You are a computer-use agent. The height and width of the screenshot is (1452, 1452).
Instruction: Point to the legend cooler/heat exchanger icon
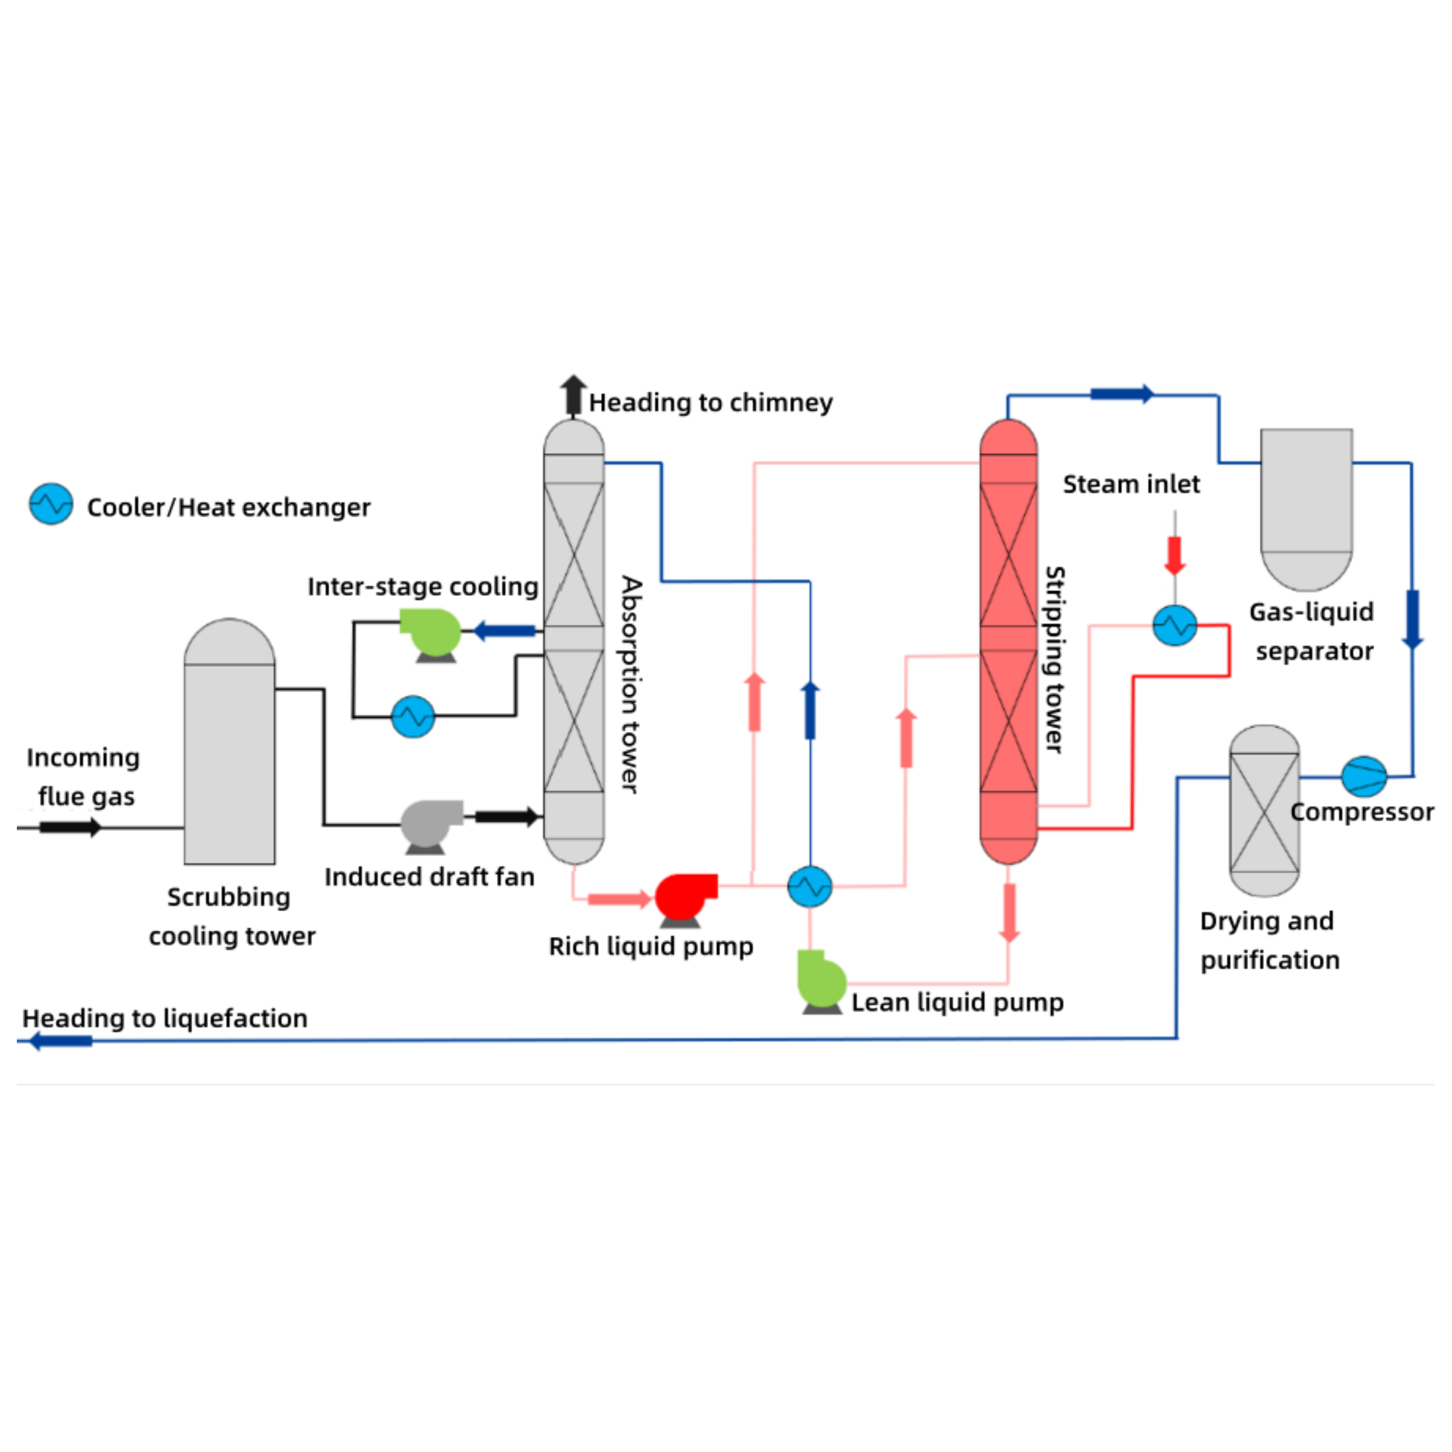pos(51,504)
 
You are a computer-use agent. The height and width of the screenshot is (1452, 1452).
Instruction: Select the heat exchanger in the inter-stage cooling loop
pos(412,716)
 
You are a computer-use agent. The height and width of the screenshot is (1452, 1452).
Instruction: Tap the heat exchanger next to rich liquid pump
pos(810,887)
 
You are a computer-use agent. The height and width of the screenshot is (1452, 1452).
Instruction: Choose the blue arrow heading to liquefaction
pos(60,1041)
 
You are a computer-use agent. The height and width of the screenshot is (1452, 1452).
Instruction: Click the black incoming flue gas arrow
pos(69,828)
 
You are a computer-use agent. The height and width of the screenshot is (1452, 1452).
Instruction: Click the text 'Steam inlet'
pos(1130,484)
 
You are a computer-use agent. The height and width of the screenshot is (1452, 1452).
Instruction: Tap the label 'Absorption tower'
pos(631,685)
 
